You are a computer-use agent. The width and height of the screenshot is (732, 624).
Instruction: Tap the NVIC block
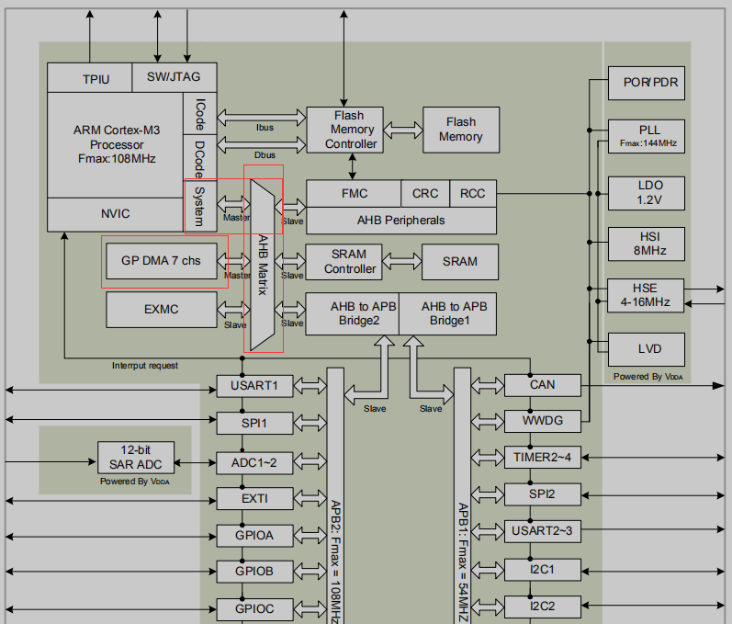tap(115, 214)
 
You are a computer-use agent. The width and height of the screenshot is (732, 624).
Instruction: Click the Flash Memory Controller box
tap(343, 130)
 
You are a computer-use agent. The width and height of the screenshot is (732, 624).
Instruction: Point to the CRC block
tap(424, 194)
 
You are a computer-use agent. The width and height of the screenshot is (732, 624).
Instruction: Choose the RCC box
tap(473, 194)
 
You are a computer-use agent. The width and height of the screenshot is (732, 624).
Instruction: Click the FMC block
tap(354, 194)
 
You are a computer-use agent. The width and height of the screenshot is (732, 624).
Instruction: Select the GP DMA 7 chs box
tap(161, 261)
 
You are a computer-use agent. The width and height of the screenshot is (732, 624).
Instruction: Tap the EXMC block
tap(161, 310)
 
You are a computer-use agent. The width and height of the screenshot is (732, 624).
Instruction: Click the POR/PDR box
tap(648, 83)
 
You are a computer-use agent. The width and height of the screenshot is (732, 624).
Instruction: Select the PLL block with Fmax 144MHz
tap(648, 135)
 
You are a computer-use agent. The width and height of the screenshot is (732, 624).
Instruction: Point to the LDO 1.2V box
tap(648, 192)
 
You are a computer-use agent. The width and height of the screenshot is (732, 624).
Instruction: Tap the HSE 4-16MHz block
tap(648, 295)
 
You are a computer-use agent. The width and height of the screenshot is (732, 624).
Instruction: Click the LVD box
tap(648, 349)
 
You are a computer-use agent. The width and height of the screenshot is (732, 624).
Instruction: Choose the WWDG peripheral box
tap(542, 421)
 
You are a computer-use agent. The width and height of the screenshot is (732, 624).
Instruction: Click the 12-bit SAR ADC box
tap(135, 456)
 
